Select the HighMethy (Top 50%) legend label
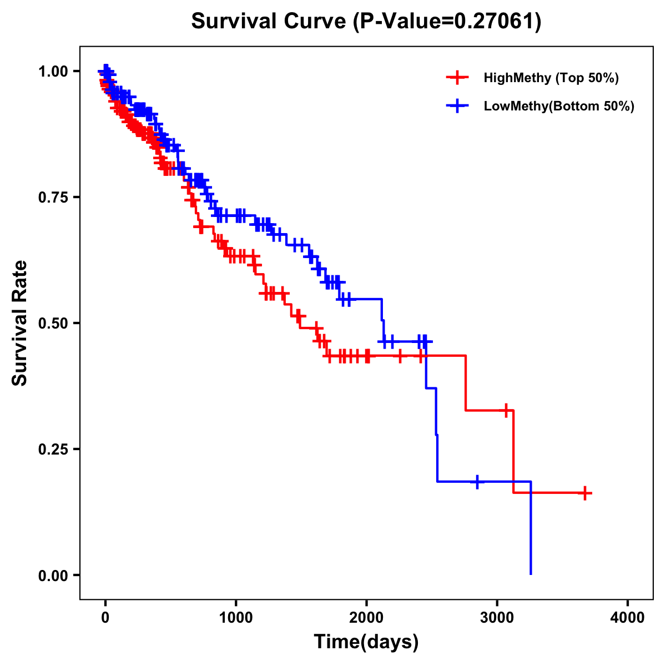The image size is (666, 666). [551, 78]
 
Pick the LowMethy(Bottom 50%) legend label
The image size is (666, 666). [559, 107]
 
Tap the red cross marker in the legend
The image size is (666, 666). [457, 78]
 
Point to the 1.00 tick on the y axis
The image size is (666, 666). [53, 71]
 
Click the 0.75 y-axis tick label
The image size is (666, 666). [53, 197]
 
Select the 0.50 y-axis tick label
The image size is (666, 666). [53, 323]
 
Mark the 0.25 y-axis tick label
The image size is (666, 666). [53, 449]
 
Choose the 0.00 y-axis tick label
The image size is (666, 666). [53, 575]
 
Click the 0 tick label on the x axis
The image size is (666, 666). [105, 618]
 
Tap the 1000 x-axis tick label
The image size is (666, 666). [236, 618]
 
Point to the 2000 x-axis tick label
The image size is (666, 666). [366, 618]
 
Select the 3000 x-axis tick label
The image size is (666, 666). [497, 618]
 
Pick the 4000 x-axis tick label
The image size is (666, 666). [628, 618]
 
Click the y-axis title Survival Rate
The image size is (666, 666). [20, 323]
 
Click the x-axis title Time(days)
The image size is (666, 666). [366, 642]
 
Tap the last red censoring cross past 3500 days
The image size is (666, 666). [585, 493]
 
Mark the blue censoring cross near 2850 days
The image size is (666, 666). [477, 482]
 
